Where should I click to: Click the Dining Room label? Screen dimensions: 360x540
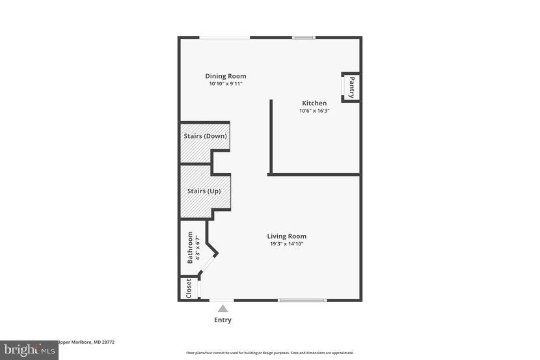click(226, 76)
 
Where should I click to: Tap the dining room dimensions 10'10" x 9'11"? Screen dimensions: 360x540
click(226, 84)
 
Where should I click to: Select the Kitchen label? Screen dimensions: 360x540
click(314, 103)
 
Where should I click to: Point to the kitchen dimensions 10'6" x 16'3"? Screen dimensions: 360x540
click(314, 111)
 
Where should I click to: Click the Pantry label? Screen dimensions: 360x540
click(351, 87)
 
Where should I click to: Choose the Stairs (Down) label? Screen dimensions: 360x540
click(206, 136)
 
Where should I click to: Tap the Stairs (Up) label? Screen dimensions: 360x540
click(204, 191)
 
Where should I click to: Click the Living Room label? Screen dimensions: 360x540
click(287, 236)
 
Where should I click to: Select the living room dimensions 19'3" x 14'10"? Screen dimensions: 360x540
click(287, 244)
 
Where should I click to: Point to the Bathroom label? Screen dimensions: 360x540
click(190, 247)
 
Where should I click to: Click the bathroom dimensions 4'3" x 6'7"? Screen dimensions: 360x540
click(198, 247)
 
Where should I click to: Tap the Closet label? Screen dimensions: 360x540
click(189, 288)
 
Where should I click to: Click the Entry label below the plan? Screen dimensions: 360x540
click(223, 320)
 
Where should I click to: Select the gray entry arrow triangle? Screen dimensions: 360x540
click(223, 309)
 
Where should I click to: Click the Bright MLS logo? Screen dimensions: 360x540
click(29, 350)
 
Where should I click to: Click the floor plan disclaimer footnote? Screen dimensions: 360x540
click(269, 353)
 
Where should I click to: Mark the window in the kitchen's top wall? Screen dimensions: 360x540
click(304, 38)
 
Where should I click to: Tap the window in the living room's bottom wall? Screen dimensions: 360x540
click(302, 300)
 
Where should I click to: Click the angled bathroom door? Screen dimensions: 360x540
click(208, 264)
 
